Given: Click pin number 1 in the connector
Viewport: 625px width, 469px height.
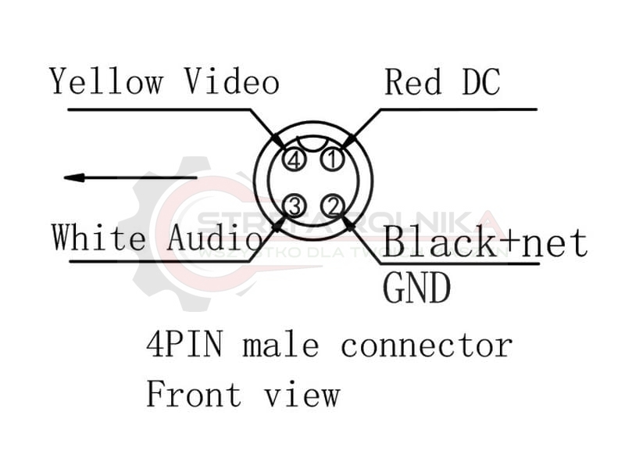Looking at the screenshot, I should (333, 160).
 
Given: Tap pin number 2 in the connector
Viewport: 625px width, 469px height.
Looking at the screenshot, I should (333, 206).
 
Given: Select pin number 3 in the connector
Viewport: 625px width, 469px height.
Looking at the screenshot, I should (294, 206).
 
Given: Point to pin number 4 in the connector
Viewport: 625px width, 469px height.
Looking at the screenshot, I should (294, 160).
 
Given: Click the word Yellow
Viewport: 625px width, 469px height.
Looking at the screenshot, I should (106, 81).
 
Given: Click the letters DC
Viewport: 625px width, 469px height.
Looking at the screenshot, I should (476, 82).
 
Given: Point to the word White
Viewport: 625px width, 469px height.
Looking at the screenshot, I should (98, 237).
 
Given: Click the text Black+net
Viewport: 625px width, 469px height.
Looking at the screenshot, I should (485, 242).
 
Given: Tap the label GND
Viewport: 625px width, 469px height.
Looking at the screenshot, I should (416, 288).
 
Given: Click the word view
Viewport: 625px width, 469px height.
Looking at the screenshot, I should (301, 395).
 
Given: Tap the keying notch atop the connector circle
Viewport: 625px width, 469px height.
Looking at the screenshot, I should (313, 142).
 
